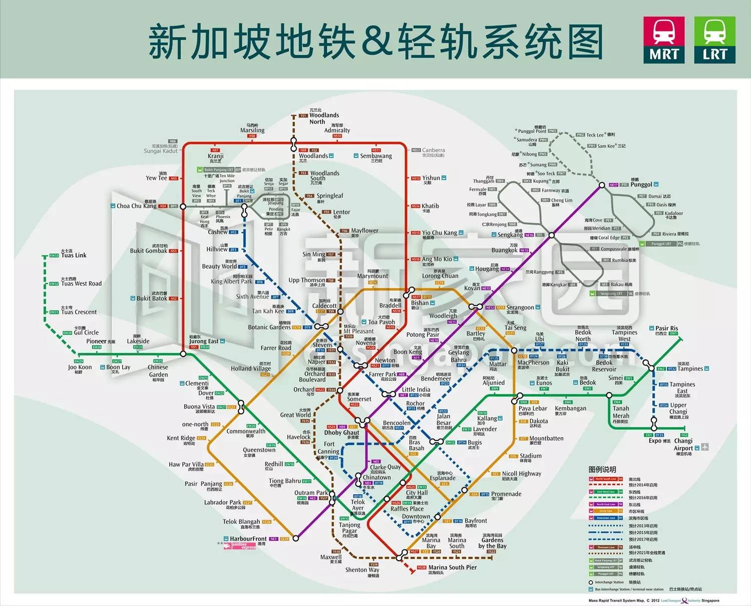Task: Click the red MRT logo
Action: click(x=664, y=40)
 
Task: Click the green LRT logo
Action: click(x=714, y=40)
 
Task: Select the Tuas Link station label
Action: click(x=74, y=255)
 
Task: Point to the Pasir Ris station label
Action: click(x=666, y=328)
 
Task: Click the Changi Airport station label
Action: click(x=683, y=445)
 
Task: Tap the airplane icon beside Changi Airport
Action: click(x=705, y=447)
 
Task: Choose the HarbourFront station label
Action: click(x=248, y=539)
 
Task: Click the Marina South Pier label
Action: click(x=452, y=567)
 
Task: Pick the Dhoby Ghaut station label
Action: click(x=341, y=433)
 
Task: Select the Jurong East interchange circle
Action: click(x=183, y=354)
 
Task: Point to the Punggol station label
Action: click(x=641, y=184)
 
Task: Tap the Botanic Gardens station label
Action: click(x=269, y=327)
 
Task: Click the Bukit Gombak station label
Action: click(x=149, y=251)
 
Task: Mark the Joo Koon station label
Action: click(x=80, y=367)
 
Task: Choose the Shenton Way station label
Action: click(x=362, y=570)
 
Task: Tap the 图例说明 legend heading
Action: click(x=602, y=470)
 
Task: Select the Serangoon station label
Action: click(x=520, y=307)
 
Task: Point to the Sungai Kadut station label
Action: click(x=160, y=151)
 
